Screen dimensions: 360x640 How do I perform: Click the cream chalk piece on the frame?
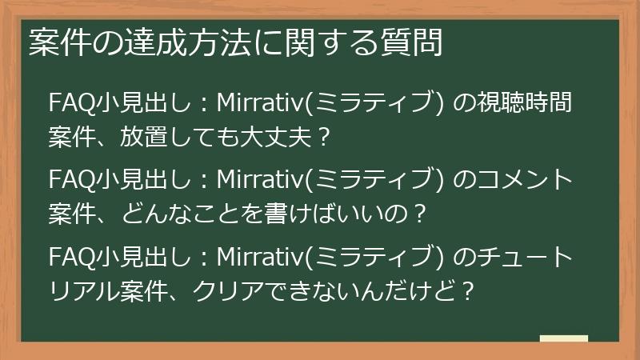(x=563, y=338)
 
